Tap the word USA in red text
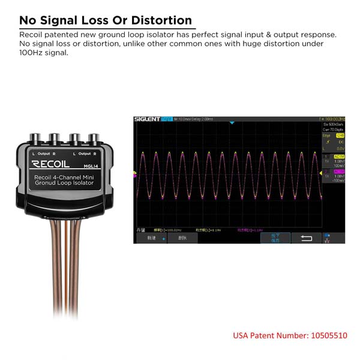coord(242,335)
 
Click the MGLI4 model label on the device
coord(91,166)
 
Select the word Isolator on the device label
coord(80,185)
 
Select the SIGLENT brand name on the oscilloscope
coord(146,119)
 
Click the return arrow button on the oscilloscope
coord(306,238)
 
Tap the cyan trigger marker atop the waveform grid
coord(232,123)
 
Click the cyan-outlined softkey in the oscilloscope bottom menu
coord(275,238)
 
